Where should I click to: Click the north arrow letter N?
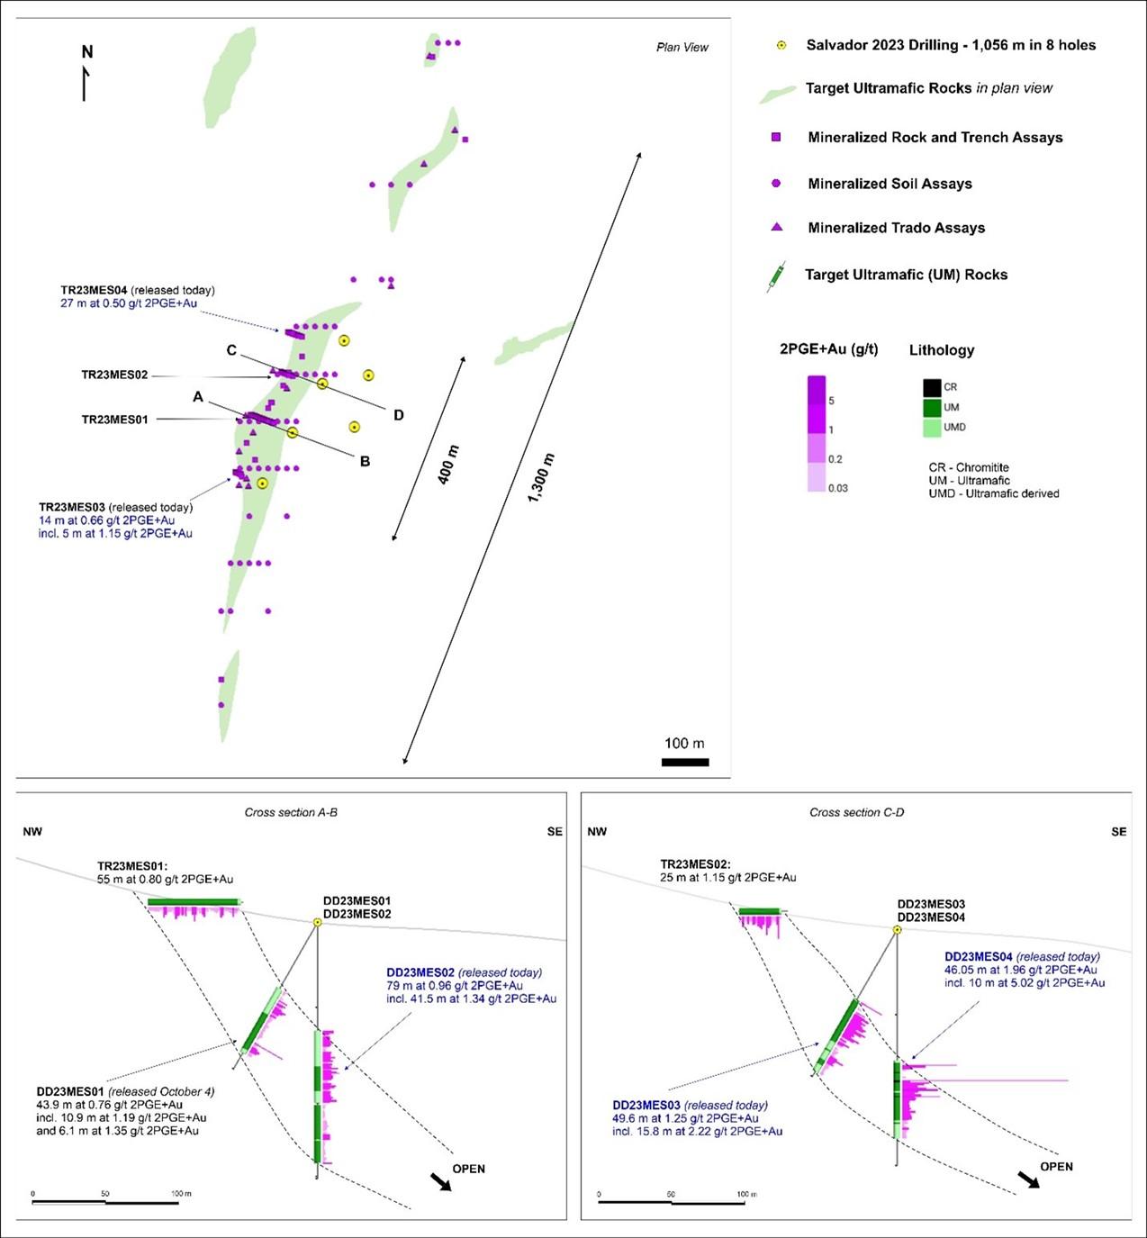click(87, 52)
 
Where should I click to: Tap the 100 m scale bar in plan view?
click(684, 762)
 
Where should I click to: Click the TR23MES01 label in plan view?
click(114, 420)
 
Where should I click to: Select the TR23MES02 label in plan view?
click(114, 375)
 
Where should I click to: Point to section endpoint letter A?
click(198, 397)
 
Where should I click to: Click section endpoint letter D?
click(398, 415)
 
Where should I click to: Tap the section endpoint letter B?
click(365, 462)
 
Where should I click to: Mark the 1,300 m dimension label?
click(540, 478)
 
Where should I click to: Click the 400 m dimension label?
click(447, 465)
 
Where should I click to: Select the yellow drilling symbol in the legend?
click(781, 45)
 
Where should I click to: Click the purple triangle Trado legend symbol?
click(776, 228)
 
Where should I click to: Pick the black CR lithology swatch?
click(932, 388)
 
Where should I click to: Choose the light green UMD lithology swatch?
click(932, 428)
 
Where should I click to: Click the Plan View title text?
click(682, 47)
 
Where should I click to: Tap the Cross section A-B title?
click(291, 812)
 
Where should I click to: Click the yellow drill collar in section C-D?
click(897, 929)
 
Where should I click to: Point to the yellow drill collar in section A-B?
click(317, 922)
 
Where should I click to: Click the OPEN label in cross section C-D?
click(1056, 1166)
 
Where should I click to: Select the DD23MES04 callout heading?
click(978, 956)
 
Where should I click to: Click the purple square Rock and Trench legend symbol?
click(776, 137)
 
